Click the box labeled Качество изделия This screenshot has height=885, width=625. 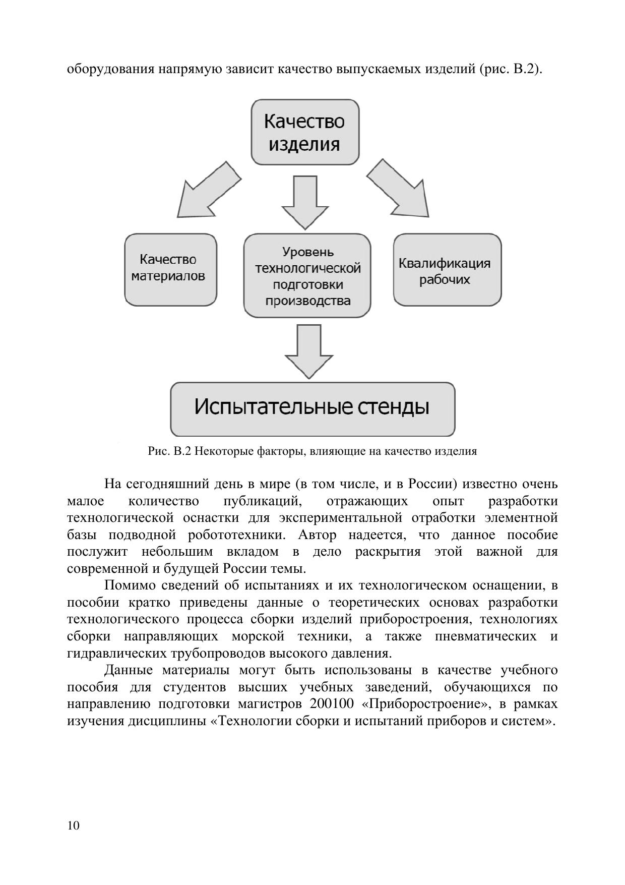click(x=305, y=132)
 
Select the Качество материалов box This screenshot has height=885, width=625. click(x=170, y=269)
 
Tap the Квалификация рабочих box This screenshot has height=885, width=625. click(x=447, y=269)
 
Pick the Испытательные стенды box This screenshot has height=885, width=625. click(x=312, y=409)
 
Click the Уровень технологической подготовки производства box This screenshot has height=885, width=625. click(x=307, y=275)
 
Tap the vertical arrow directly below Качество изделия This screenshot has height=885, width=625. click(x=305, y=201)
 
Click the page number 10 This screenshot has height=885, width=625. click(x=73, y=825)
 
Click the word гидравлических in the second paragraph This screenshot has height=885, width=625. click(x=116, y=654)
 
